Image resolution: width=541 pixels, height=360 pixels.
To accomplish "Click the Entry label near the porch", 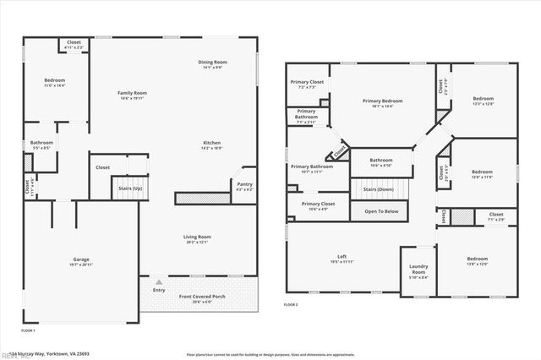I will point(159,291).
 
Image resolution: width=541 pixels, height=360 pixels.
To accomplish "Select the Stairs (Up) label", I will point(129,188).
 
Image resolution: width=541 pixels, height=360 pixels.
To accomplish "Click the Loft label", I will point(342,258).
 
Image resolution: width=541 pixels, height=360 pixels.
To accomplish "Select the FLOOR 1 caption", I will point(27,330).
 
